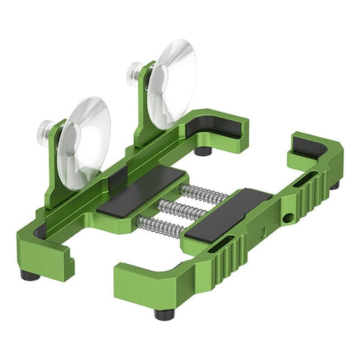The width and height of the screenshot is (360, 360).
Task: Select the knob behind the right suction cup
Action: [x=133, y=72]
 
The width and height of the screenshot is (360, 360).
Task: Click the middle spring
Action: [x=183, y=209]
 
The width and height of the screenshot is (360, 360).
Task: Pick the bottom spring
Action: [x=159, y=224]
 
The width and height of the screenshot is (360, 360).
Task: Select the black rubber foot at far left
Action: [x=30, y=275]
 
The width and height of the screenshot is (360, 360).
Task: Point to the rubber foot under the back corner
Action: [x=202, y=151]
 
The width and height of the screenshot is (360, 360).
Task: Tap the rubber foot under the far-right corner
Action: [x=334, y=185]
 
